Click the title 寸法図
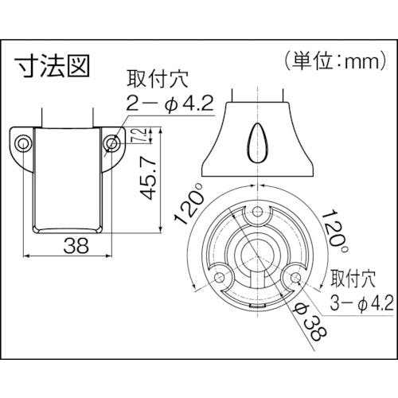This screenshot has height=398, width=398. pos(52,66)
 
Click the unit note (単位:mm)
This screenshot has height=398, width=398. pos(336,60)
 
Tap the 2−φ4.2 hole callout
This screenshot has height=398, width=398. pos(170,104)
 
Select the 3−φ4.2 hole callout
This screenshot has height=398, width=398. pos(361,303)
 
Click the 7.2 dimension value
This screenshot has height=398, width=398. pos(142,135)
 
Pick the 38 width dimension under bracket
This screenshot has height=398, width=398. pos(76,245)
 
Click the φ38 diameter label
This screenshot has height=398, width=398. pos(311,323)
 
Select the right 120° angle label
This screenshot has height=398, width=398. pos(335,232)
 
